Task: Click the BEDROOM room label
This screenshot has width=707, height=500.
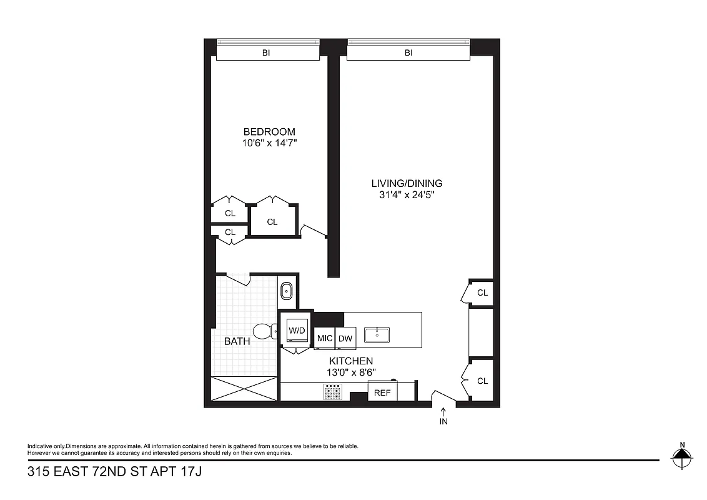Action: click(269, 132)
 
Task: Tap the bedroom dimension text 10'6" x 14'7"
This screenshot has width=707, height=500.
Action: click(269, 143)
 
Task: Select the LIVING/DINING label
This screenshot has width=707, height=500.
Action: click(407, 183)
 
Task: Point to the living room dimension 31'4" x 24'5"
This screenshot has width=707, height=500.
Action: click(407, 195)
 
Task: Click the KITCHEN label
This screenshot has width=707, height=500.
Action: click(351, 361)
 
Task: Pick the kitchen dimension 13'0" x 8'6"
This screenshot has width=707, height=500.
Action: click(351, 372)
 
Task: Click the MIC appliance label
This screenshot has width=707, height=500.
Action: click(325, 338)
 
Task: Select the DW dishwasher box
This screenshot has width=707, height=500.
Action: click(345, 338)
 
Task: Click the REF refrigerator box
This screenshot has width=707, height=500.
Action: click(382, 392)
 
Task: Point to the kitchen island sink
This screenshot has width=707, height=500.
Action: click(377, 335)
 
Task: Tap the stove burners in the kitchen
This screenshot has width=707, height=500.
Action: click(332, 392)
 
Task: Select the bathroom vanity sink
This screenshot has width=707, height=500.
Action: click(287, 291)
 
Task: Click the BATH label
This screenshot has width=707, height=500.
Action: click(237, 341)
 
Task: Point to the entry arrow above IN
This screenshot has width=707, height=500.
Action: click(443, 411)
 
